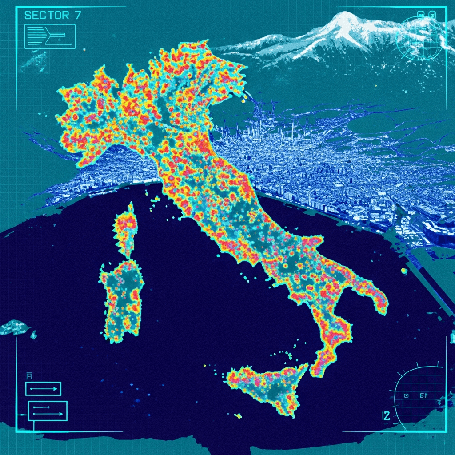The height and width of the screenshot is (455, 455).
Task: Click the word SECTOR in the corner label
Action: pyautogui.click(x=41, y=15)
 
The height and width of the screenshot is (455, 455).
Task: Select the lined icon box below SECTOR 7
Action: pyautogui.click(x=50, y=36)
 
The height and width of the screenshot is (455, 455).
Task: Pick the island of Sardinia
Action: pyautogui.click(x=122, y=298)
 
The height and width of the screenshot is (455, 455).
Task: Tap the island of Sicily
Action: pyautogui.click(x=267, y=387)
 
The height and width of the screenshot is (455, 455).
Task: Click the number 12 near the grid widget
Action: pyautogui.click(x=386, y=416)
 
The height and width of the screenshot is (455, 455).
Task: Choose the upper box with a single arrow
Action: pyautogui.click(x=43, y=389)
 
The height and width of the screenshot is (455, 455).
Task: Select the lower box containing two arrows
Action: pyautogui.click(x=48, y=411)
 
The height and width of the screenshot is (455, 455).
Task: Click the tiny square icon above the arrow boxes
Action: pyautogui.click(x=29, y=375)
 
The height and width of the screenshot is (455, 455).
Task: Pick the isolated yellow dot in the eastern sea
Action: pyautogui.click(x=404, y=270)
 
